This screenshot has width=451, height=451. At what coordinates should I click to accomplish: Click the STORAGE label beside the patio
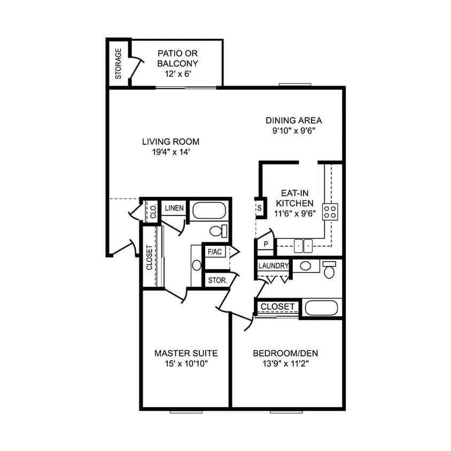(x=119, y=64)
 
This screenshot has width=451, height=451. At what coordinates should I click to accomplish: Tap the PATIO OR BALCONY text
(x=178, y=58)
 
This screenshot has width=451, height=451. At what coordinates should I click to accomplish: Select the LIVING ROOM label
(x=170, y=142)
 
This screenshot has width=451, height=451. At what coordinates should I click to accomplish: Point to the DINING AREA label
(x=293, y=120)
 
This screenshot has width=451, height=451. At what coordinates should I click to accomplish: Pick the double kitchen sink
(x=304, y=246)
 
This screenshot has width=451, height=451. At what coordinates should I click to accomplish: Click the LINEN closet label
(x=174, y=208)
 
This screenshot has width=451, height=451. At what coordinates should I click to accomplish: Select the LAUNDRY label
(x=274, y=266)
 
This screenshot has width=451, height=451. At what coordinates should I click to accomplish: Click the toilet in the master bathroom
(x=219, y=231)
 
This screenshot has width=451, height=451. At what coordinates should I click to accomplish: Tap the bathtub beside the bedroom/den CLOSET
(x=321, y=308)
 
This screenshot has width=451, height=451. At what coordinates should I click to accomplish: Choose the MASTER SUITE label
(x=185, y=353)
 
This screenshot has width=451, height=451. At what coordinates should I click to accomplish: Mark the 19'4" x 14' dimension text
(x=170, y=152)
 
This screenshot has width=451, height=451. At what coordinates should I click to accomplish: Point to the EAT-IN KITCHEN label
(x=294, y=198)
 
